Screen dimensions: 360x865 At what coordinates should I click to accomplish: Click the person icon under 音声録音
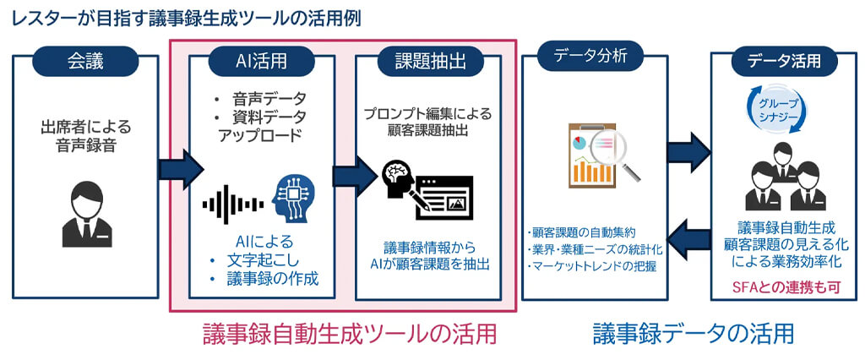point(87,210)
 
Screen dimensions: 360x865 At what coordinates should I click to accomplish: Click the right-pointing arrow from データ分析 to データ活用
point(688,152)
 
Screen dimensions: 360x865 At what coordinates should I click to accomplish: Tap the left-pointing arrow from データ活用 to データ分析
point(688,236)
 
